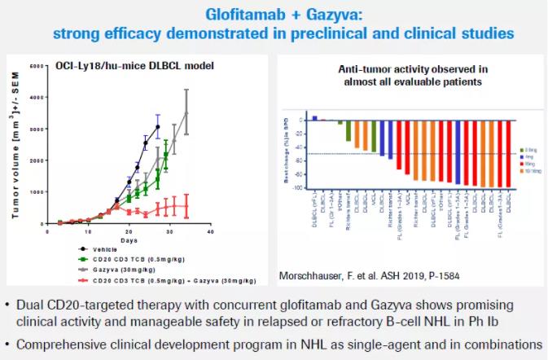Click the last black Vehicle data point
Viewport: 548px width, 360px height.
[x=158, y=126]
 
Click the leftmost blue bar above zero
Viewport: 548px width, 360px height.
[x=314, y=117]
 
